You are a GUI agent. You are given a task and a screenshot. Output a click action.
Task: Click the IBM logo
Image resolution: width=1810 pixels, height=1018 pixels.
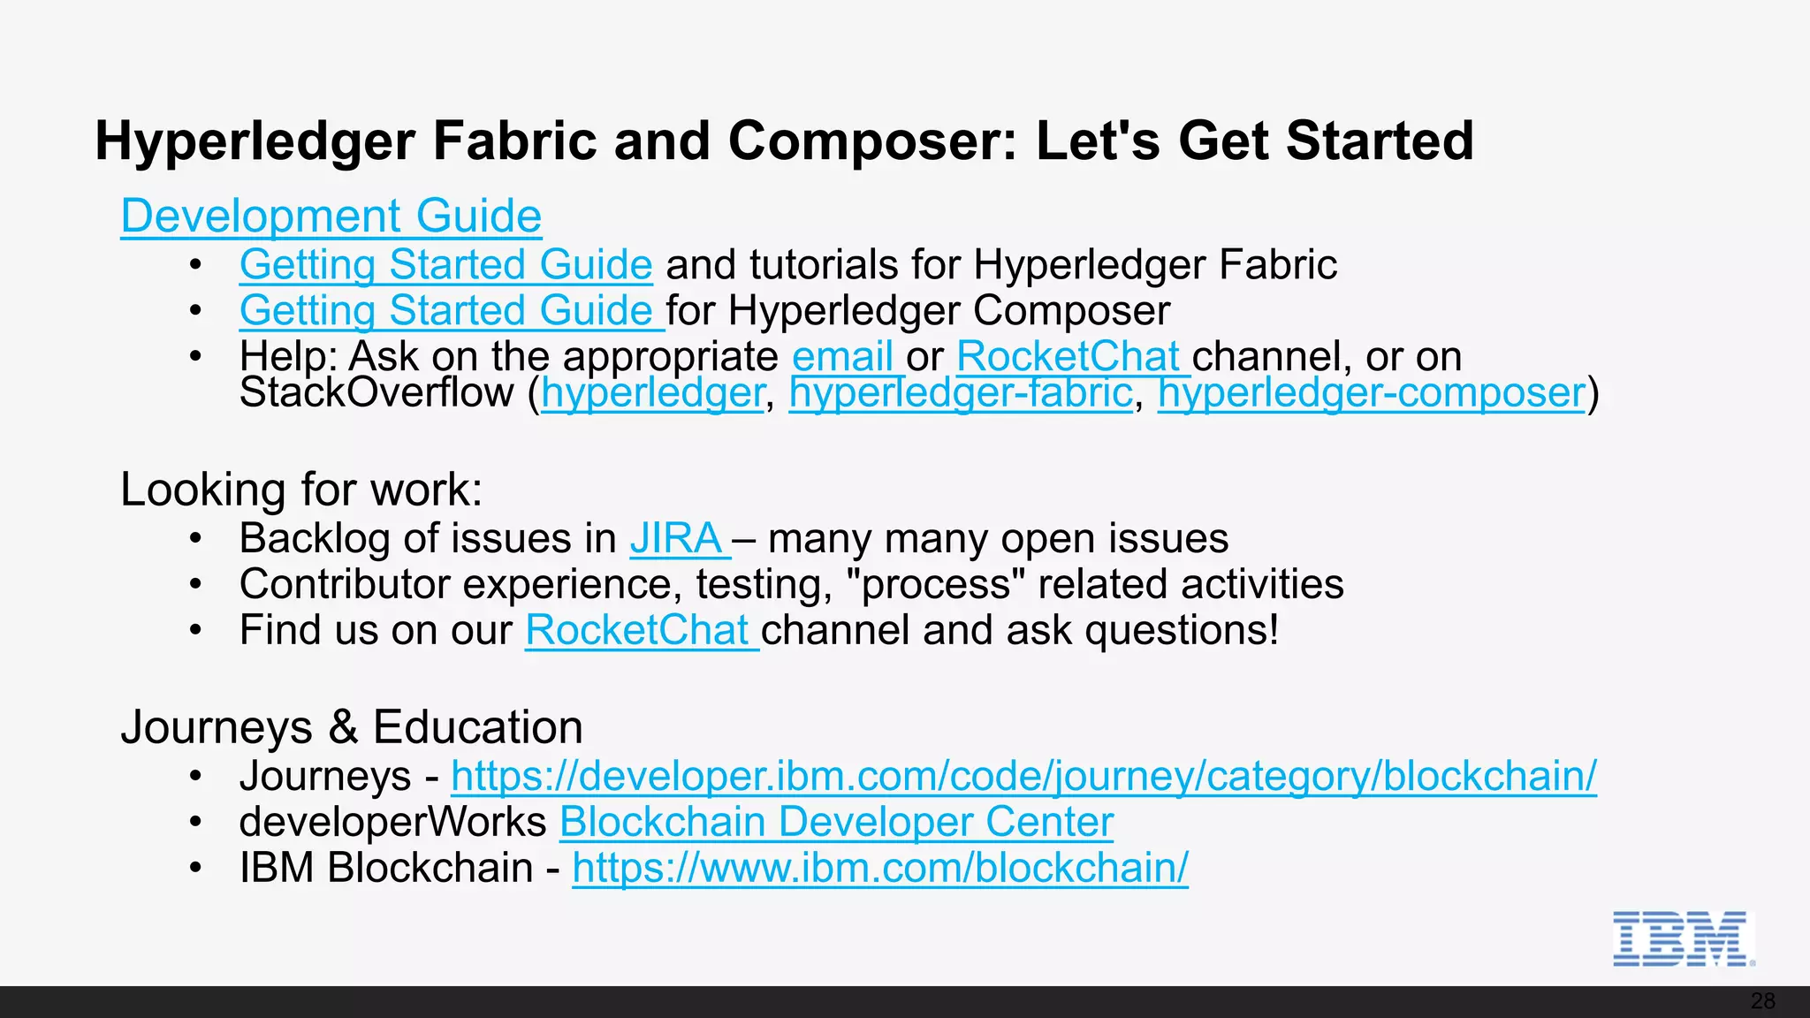coord(1682,938)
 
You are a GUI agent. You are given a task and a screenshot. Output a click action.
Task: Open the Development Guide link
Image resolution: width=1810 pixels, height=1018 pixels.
coord(331,217)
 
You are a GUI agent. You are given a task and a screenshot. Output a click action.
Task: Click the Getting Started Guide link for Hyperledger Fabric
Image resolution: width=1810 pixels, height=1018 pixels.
coord(445,265)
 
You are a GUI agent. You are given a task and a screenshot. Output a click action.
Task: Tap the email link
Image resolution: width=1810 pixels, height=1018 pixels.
coord(842,357)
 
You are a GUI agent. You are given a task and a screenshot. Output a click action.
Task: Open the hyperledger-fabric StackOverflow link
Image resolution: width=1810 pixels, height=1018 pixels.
coord(961,393)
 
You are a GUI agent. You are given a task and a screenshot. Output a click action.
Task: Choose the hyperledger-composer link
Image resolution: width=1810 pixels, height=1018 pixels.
coord(1372,393)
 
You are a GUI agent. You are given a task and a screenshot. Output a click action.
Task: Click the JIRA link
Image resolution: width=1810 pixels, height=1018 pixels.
coord(676,539)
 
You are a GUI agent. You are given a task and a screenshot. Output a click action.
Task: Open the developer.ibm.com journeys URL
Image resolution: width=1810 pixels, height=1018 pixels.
coord(1023,777)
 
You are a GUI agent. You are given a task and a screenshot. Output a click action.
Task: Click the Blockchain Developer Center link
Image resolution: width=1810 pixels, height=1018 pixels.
coord(836,823)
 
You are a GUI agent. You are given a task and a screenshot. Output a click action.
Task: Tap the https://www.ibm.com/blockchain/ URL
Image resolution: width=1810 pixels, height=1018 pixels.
coord(880,869)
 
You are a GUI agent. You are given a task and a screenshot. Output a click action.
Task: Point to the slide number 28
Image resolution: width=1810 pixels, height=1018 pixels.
coord(1762,1001)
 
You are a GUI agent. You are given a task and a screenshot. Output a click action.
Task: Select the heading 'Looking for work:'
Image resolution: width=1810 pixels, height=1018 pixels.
coord(301,490)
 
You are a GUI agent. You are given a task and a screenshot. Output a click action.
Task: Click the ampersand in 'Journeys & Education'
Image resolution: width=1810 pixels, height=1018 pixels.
coord(343,728)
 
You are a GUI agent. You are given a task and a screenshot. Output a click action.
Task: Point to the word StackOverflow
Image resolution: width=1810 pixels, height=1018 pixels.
coord(376,393)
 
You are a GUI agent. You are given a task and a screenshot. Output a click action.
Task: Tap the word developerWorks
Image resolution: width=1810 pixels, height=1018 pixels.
coord(392,823)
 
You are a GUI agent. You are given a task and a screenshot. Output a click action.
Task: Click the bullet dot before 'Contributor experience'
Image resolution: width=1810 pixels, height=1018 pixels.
coord(196,585)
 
